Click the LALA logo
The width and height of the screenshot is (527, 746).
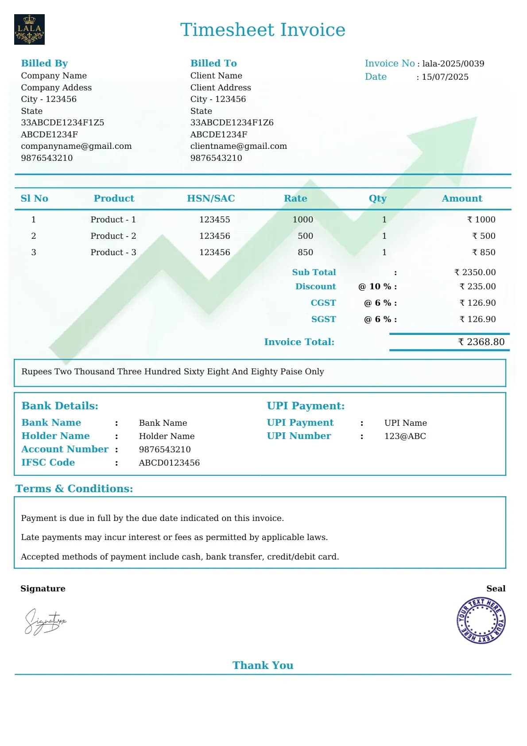point(29,29)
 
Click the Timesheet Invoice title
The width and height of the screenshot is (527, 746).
point(263,30)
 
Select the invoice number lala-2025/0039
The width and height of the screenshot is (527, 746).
point(453,63)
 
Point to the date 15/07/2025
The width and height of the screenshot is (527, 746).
point(445,77)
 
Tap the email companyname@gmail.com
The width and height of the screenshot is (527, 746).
point(76,146)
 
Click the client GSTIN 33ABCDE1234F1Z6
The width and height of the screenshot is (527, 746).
point(232,122)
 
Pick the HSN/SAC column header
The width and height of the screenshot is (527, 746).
point(211,198)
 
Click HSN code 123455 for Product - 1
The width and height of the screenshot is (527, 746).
point(214,219)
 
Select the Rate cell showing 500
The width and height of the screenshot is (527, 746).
point(305,236)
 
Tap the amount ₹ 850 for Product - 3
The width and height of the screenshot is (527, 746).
point(484,252)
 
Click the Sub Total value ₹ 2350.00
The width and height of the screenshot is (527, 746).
point(475,272)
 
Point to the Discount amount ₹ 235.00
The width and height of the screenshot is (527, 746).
point(477,286)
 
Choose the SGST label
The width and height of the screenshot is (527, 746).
point(323,319)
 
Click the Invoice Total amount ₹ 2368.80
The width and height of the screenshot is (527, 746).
point(481,342)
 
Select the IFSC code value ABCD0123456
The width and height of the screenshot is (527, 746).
point(169,462)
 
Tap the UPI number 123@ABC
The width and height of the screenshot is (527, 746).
point(405,436)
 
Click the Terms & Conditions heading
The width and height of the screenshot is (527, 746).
point(74,489)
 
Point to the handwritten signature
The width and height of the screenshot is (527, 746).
point(45,621)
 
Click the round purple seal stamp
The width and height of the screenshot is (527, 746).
point(480,620)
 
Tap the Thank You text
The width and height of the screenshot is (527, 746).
point(263,665)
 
